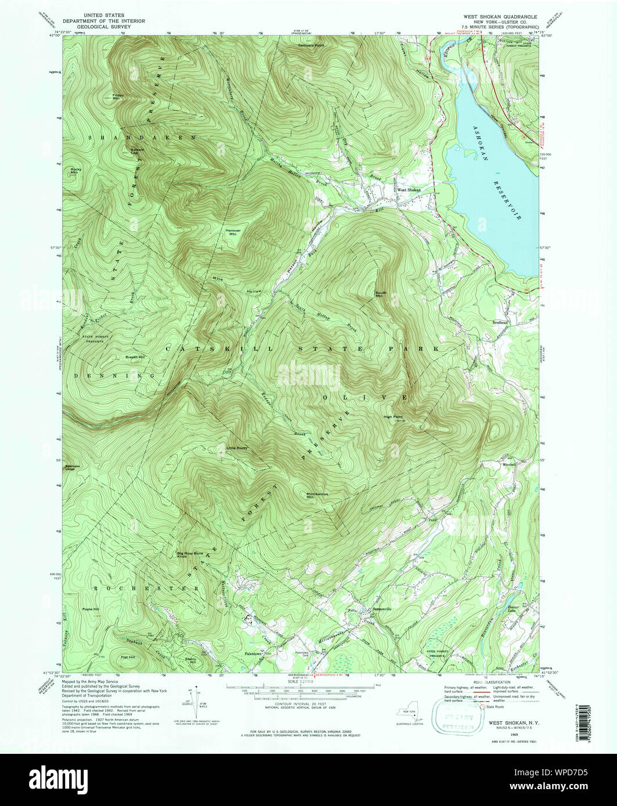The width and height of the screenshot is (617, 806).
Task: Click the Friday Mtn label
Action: pyautogui.click(x=118, y=97)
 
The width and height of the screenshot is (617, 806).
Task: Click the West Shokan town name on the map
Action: pyautogui.click(x=409, y=190)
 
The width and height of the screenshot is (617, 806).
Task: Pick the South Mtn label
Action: pyautogui.click(x=381, y=294)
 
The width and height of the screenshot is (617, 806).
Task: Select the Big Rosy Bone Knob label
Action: pyautogui.click(x=188, y=555)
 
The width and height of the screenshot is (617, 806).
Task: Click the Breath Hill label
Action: pyautogui.click(x=135, y=357)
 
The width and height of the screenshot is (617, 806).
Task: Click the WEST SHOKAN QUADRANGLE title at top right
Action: pyautogui.click(x=500, y=17)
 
